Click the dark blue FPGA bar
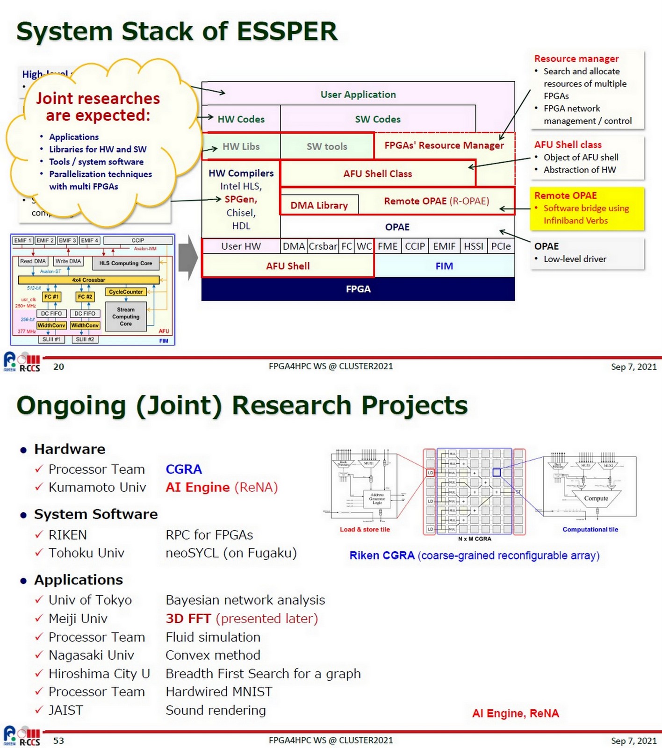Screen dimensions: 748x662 [358, 289]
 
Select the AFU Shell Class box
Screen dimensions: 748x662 [377, 174]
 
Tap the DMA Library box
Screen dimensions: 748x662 [319, 205]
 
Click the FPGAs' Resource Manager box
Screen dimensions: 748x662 [444, 145]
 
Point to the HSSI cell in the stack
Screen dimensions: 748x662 [473, 246]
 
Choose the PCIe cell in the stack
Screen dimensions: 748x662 [501, 246]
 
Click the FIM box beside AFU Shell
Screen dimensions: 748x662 [444, 266]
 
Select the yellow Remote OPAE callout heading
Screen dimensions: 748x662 [565, 195]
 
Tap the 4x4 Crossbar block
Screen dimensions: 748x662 [88, 280]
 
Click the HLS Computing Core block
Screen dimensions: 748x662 [125, 263]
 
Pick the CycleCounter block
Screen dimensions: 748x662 [125, 292]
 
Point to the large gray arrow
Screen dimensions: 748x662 [188, 258]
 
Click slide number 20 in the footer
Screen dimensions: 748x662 [58, 367]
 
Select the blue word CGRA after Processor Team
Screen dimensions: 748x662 [184, 469]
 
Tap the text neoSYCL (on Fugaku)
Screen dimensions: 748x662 [231, 553]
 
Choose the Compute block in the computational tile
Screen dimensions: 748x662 [596, 498]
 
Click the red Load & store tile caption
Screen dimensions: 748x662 [365, 530]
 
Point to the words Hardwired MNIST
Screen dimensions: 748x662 [219, 692]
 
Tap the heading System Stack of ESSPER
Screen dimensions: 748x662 [177, 31]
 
